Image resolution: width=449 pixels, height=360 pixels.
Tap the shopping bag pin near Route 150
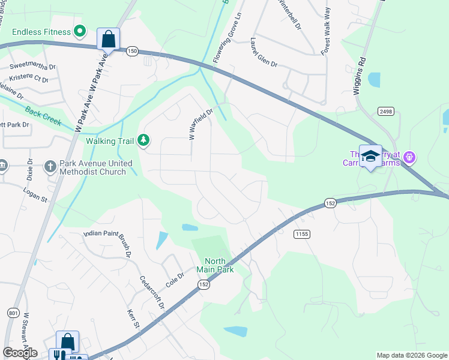click(x=108, y=40)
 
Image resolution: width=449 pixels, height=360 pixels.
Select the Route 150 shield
click(x=132, y=52)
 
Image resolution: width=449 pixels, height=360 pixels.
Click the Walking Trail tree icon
click(x=143, y=140)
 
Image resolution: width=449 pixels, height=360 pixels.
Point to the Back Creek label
click(x=43, y=115)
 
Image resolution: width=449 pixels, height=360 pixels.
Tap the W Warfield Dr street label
click(x=201, y=124)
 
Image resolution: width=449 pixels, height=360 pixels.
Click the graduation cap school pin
click(x=370, y=156)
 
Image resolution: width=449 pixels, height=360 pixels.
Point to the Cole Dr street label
click(x=174, y=280)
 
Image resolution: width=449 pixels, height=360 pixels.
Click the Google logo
click(x=20, y=353)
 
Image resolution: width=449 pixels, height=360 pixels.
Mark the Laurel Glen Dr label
click(x=264, y=53)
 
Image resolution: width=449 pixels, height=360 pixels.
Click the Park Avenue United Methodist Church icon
click(x=51, y=165)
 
